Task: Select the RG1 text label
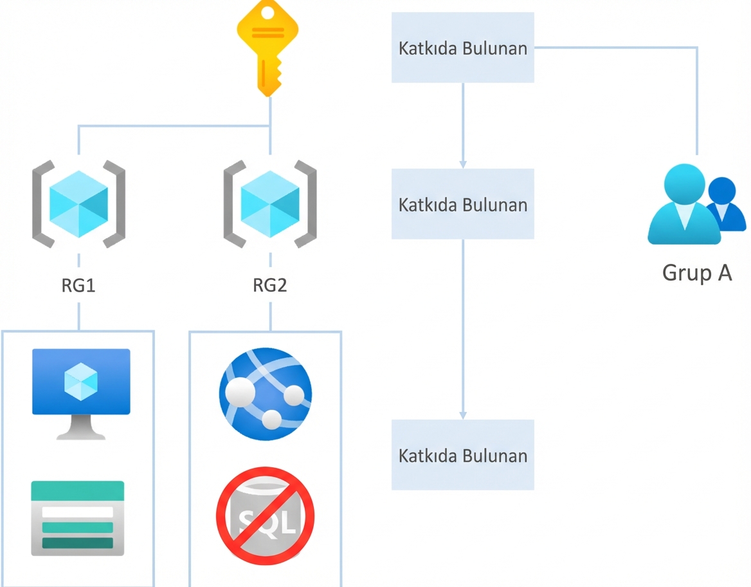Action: [78, 286]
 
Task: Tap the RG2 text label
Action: [270, 286]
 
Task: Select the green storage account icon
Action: [78, 517]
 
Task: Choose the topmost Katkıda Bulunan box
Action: [463, 48]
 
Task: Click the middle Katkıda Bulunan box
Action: [463, 204]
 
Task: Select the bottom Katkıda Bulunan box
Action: [463, 455]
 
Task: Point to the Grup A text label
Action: [697, 273]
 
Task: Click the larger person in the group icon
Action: [683, 206]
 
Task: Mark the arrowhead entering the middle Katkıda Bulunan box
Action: [463, 164]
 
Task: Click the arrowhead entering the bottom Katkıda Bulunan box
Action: [463, 415]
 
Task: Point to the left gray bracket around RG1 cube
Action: [41, 204]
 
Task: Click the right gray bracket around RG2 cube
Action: [306, 204]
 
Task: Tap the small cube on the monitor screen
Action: [81, 382]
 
